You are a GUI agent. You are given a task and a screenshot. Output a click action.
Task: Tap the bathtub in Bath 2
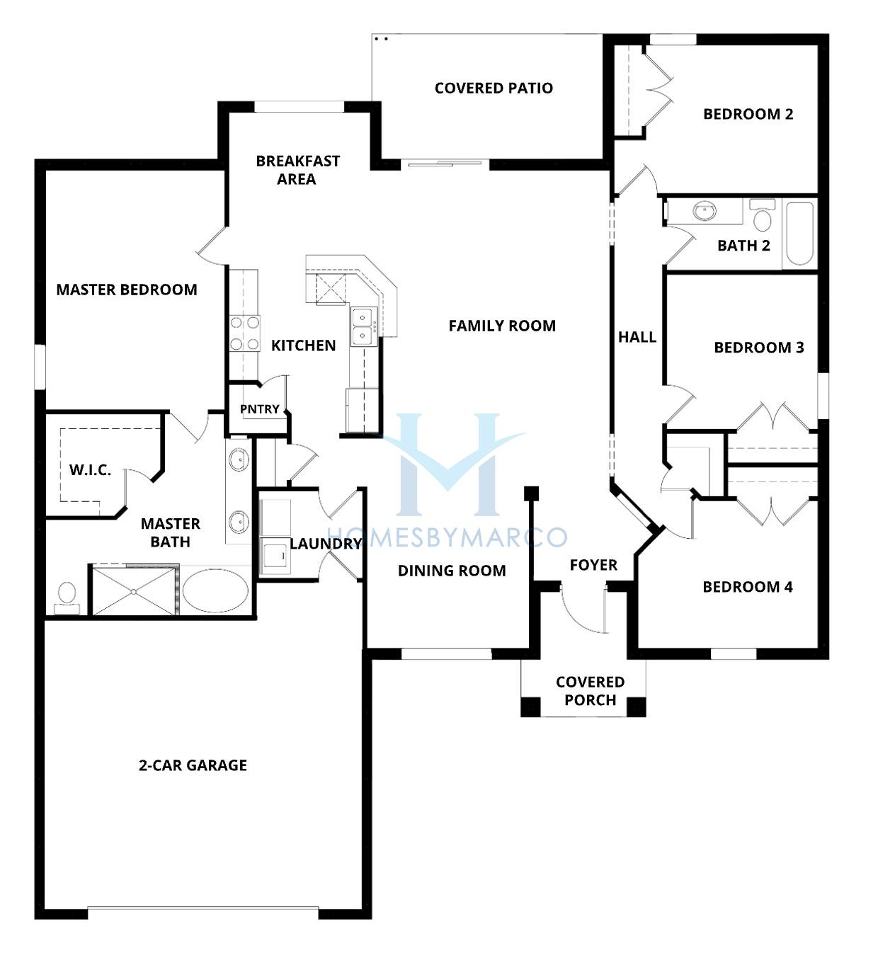[799, 234]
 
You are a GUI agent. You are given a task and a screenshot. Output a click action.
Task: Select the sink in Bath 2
[704, 211]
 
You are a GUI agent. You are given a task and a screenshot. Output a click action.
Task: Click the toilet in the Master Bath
[67, 598]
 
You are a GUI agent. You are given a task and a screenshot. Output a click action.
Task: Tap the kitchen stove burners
[244, 333]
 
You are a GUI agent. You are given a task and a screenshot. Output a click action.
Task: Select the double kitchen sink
[365, 327]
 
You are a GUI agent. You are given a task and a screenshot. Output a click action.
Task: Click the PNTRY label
[260, 409]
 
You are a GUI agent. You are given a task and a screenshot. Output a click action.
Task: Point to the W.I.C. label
[90, 470]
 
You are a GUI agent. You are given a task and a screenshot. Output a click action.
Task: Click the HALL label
[637, 337]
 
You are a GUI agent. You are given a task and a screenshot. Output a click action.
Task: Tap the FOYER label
[593, 564]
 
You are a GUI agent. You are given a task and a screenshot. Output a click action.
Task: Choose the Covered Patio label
[494, 88]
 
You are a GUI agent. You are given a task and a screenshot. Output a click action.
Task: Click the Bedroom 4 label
[748, 587]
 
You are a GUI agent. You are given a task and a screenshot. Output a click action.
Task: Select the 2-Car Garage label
[193, 765]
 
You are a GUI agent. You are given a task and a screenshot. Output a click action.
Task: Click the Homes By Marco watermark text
[447, 537]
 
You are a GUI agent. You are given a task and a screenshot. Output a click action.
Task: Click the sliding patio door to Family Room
[445, 164]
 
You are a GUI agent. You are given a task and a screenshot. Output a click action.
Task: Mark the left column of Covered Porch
[530, 707]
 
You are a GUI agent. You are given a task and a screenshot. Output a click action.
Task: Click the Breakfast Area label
[297, 170]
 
